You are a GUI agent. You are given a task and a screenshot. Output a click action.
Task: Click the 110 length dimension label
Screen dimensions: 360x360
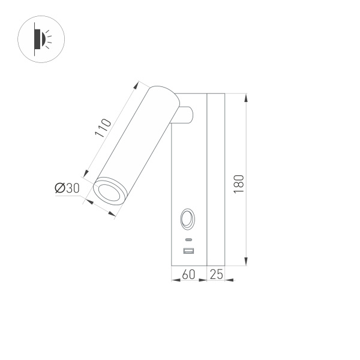[x=104, y=128]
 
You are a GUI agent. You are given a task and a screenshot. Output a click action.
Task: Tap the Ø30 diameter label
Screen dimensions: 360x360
[x=67, y=188]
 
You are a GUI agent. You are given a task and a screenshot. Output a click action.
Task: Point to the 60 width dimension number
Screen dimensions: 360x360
[x=188, y=275]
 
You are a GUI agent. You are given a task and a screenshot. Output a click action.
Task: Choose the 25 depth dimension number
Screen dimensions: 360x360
[x=216, y=275]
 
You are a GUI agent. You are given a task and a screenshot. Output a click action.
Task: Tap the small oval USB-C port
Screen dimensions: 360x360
[x=188, y=239]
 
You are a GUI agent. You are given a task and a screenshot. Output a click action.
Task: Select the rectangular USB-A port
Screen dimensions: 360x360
[x=188, y=250]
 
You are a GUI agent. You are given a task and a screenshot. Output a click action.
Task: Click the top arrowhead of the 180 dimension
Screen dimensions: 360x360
[x=247, y=97]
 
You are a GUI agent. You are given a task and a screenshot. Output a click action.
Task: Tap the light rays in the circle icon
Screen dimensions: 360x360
[x=49, y=40]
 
